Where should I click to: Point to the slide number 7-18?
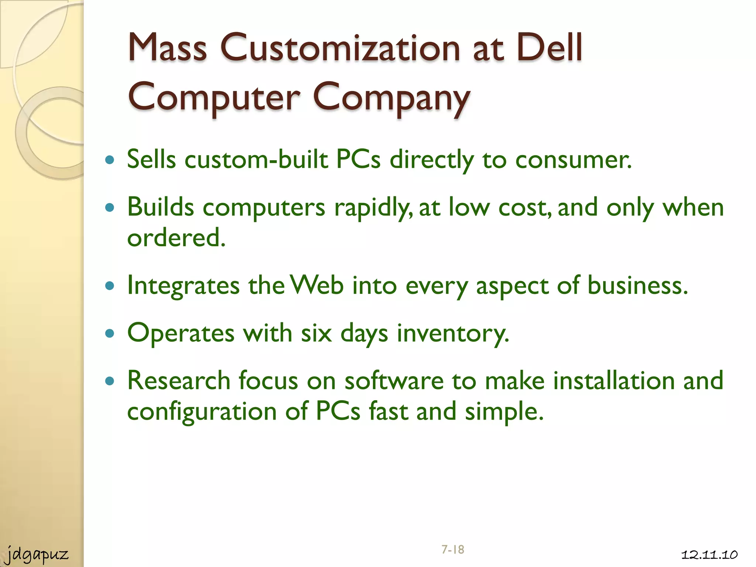pyautogui.click(x=453, y=549)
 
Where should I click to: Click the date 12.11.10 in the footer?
pyautogui.click(x=709, y=554)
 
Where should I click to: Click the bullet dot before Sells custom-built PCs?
pyautogui.click(x=110, y=160)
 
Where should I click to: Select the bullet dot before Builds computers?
pyautogui.click(x=110, y=207)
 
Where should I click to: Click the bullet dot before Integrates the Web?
pyautogui.click(x=110, y=285)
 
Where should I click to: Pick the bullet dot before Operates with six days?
pyautogui.click(x=110, y=333)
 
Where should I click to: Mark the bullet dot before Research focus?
pyautogui.click(x=110, y=381)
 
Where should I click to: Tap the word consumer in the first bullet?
pyautogui.click(x=573, y=160)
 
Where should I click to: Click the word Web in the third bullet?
pyautogui.click(x=317, y=285)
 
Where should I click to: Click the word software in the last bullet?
pyautogui.click(x=394, y=381)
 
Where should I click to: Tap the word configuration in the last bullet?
pyautogui.click(x=202, y=412)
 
